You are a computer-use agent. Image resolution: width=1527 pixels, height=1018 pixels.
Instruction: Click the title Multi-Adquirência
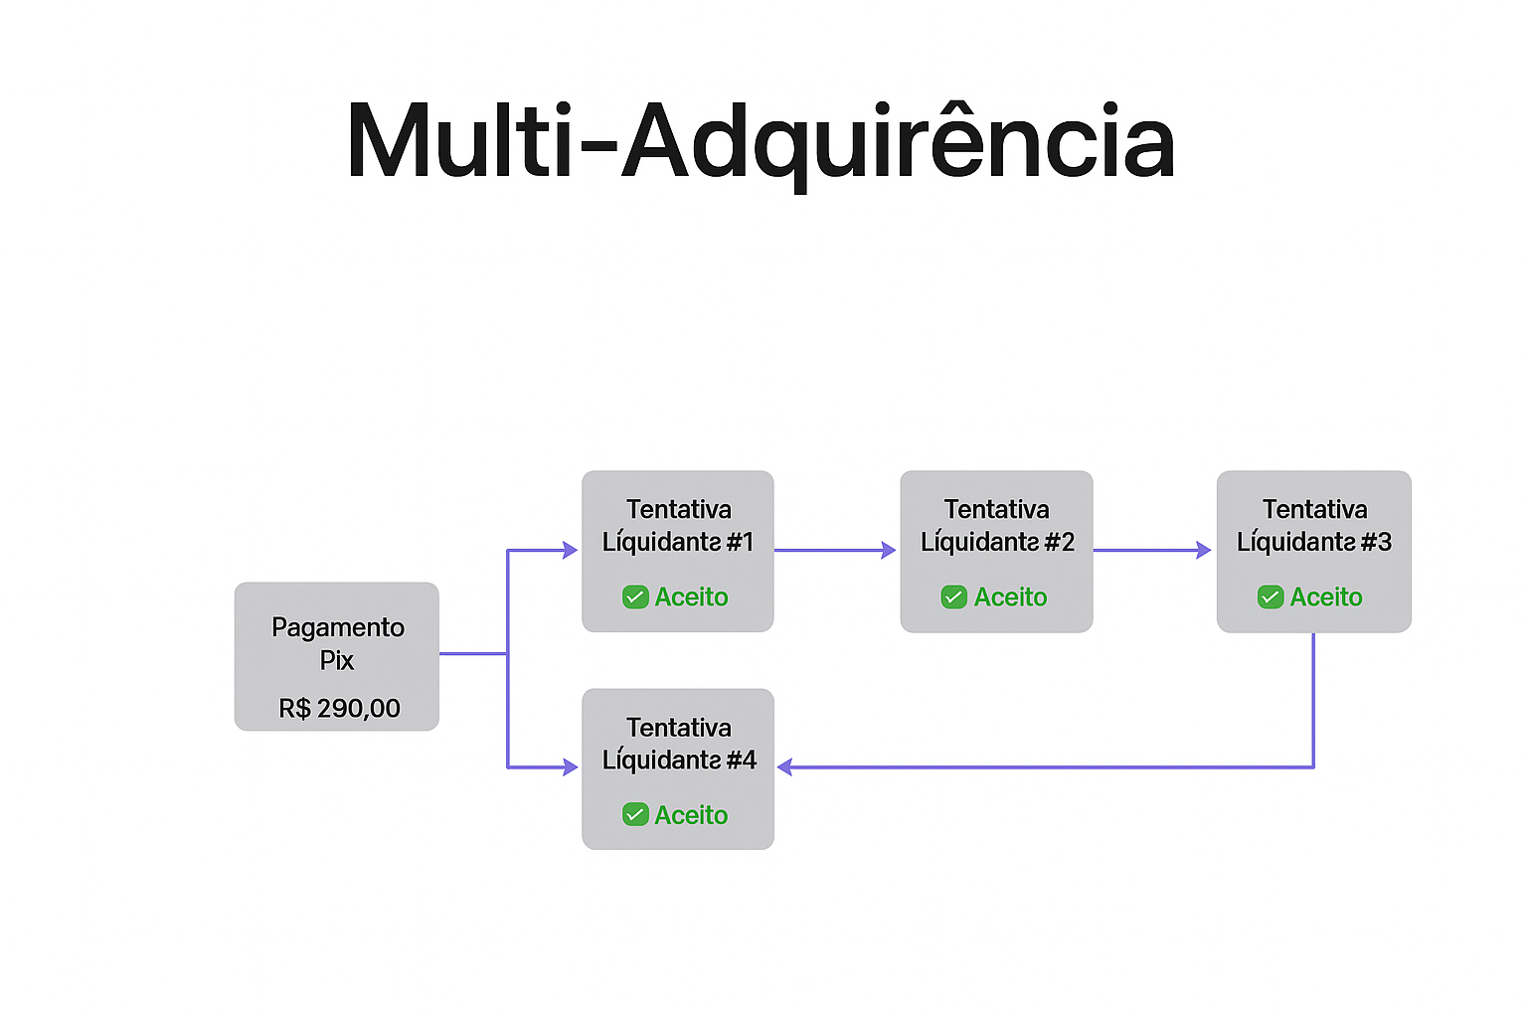coord(761,141)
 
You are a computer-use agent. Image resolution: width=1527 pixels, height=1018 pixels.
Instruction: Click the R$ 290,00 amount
coord(339,708)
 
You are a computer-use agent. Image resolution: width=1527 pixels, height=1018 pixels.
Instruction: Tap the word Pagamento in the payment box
coord(338,627)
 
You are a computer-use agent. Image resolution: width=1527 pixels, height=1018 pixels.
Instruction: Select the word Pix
coord(337,660)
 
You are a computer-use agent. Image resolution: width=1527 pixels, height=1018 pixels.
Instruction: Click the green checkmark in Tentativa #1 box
coord(635,596)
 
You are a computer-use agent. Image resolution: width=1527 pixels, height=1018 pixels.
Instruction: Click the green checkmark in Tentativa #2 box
coord(953,596)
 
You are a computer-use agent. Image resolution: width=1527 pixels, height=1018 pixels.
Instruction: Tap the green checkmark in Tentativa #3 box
coord(1271,596)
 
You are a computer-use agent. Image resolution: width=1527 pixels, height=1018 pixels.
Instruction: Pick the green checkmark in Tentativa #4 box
coord(635,814)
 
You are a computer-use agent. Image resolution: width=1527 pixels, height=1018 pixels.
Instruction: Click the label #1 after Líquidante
coord(740,542)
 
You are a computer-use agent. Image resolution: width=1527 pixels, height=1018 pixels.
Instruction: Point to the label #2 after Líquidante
coord(1059,542)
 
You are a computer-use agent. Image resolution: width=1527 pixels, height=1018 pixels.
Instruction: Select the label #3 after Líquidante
coord(1376,542)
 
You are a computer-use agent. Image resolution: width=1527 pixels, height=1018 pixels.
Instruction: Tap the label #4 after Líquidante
coord(741,760)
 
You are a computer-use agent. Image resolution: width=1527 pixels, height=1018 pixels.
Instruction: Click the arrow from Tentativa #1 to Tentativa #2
coord(835,550)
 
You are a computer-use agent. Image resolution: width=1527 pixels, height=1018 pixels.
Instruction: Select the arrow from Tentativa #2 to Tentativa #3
coord(1151,550)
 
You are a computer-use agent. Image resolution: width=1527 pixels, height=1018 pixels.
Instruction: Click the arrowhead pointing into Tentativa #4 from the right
coord(785,766)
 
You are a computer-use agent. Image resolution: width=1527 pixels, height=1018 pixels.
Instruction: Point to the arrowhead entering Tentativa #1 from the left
coord(570,550)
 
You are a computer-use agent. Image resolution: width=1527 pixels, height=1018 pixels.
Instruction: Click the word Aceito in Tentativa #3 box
coord(1326,596)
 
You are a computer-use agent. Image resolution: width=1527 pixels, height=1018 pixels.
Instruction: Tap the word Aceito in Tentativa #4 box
coord(691,814)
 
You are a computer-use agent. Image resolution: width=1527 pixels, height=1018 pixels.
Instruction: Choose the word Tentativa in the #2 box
coord(996,509)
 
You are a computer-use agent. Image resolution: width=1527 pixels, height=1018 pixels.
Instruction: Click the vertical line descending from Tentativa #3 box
coord(1313,696)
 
